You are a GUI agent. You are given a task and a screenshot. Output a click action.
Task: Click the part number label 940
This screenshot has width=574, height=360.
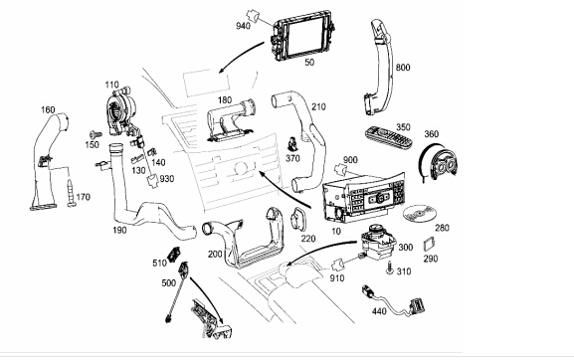click(243, 26)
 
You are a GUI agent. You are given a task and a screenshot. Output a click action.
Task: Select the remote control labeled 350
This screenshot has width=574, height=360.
click(389, 137)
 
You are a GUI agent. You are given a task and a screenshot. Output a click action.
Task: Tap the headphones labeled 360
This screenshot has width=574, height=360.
click(438, 162)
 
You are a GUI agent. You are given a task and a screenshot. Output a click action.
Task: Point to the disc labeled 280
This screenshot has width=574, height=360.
click(420, 213)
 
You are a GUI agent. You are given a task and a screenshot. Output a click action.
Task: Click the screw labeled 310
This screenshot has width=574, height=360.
click(390, 269)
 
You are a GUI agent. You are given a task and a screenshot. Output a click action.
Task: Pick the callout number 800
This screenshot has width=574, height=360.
click(403, 68)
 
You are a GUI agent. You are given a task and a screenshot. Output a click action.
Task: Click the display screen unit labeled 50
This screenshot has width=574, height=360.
click(302, 35)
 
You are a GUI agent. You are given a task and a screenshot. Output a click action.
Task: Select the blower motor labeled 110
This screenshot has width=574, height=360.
click(121, 109)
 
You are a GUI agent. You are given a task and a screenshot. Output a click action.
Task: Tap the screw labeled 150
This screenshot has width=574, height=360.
click(96, 135)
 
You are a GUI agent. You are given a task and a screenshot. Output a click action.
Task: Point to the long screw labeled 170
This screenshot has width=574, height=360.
click(72, 193)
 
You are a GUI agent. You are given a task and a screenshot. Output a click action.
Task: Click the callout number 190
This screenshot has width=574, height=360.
click(119, 230)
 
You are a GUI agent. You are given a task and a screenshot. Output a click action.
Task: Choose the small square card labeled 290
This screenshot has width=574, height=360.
click(429, 244)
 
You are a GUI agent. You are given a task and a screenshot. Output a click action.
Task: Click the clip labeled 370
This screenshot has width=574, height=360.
click(292, 144)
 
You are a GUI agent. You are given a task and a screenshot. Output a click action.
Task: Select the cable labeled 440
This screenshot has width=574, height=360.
click(395, 300)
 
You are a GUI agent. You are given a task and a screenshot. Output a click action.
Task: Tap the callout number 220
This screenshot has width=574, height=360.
click(308, 239)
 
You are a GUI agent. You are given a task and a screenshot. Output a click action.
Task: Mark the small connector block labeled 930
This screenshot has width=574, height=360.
click(152, 181)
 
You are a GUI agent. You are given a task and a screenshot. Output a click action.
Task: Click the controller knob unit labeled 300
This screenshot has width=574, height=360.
click(378, 240)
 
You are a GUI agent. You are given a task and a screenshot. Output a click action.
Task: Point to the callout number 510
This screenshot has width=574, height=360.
click(159, 263)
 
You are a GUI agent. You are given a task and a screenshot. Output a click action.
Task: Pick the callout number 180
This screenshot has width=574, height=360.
click(225, 99)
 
